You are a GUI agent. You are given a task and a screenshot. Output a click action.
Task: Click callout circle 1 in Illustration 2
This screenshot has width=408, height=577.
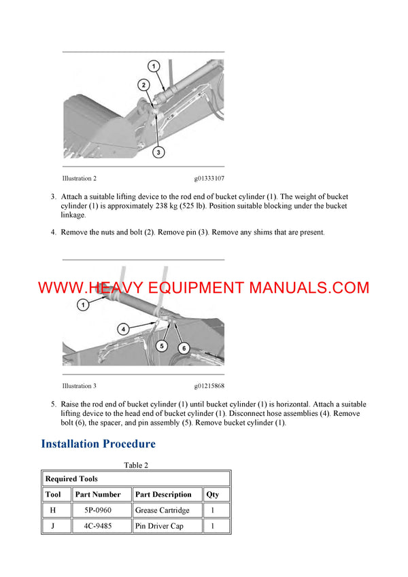coord(154,66)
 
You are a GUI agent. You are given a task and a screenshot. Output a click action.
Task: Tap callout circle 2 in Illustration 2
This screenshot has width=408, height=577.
coord(143,85)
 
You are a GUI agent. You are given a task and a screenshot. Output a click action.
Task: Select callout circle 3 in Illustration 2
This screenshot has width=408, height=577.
coord(158,153)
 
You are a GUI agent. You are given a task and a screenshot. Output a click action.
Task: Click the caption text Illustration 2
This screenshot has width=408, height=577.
coord(80,179)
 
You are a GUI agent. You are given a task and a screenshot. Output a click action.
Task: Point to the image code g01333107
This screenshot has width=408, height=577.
coord(209,179)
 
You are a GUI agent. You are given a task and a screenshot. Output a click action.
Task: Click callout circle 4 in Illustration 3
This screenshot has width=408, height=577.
coord(124,329)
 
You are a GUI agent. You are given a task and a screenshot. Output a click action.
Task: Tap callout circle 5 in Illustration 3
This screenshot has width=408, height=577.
coord(162,346)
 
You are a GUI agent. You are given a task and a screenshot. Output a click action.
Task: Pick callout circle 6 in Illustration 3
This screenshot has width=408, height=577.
coord(183,348)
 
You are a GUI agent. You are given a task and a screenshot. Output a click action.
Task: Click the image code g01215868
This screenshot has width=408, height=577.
coord(209,386)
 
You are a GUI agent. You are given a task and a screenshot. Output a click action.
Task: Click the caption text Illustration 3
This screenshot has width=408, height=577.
coord(80,386)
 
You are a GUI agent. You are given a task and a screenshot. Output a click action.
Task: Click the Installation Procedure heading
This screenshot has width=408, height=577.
coord(99,444)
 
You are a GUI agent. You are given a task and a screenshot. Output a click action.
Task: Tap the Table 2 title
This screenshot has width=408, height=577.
coord(136,466)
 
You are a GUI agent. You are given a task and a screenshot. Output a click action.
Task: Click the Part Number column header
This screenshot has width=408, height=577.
coord(98,494)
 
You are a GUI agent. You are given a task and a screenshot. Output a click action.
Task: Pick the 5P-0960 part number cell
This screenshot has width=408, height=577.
coord(98,510)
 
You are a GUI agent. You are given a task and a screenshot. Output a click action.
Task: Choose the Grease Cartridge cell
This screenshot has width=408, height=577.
coord(163,510)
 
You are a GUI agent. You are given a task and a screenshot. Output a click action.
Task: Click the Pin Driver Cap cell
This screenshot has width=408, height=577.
coord(159,526)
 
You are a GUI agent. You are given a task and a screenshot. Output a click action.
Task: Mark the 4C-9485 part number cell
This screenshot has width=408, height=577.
coord(98,526)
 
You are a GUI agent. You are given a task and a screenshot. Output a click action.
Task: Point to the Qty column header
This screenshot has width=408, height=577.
coord(213,494)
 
